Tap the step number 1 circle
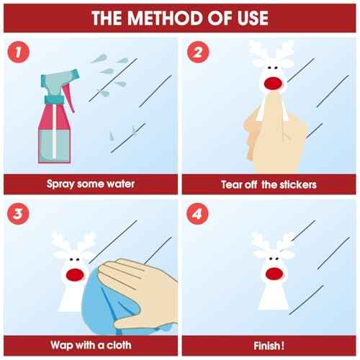[x=19, y=52]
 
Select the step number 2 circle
[x=198, y=52]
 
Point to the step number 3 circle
[x=19, y=214]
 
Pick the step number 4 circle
[x=197, y=214]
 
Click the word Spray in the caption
[x=60, y=184]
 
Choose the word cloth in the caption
[x=119, y=345]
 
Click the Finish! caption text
[x=269, y=346]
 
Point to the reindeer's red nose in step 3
[x=75, y=275]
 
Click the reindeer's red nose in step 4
[x=274, y=274]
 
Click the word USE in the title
[x=253, y=18]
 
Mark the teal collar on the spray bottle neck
[x=54, y=99]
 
